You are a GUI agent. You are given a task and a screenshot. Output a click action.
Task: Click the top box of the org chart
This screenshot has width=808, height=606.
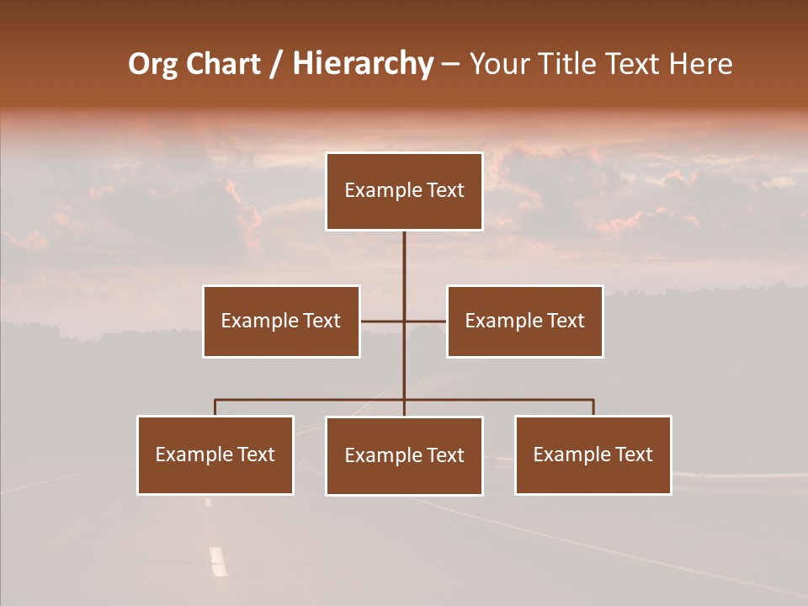[x=404, y=191]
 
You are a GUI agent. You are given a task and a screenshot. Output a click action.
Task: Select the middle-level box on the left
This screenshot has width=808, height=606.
[x=281, y=321]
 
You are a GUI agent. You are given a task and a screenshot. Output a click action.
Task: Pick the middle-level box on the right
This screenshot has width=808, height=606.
[x=524, y=321]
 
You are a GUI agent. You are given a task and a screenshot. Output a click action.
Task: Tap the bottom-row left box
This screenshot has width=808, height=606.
[x=215, y=454]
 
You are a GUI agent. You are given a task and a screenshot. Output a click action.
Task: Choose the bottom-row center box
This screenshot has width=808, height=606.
[x=404, y=455]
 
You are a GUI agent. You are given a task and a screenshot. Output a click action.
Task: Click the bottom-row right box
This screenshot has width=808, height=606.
[x=593, y=454]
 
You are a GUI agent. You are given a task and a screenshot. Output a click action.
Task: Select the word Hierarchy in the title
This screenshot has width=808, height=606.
[x=363, y=64]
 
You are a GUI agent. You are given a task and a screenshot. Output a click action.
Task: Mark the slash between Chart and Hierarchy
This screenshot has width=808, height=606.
[x=276, y=65]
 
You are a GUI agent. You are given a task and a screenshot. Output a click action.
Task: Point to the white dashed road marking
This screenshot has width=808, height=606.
[x=218, y=561]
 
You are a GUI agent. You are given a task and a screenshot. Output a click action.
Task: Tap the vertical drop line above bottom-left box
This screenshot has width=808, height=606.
[x=215, y=407]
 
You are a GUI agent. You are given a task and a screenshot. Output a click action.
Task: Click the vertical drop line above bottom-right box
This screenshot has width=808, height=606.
[x=593, y=407]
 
